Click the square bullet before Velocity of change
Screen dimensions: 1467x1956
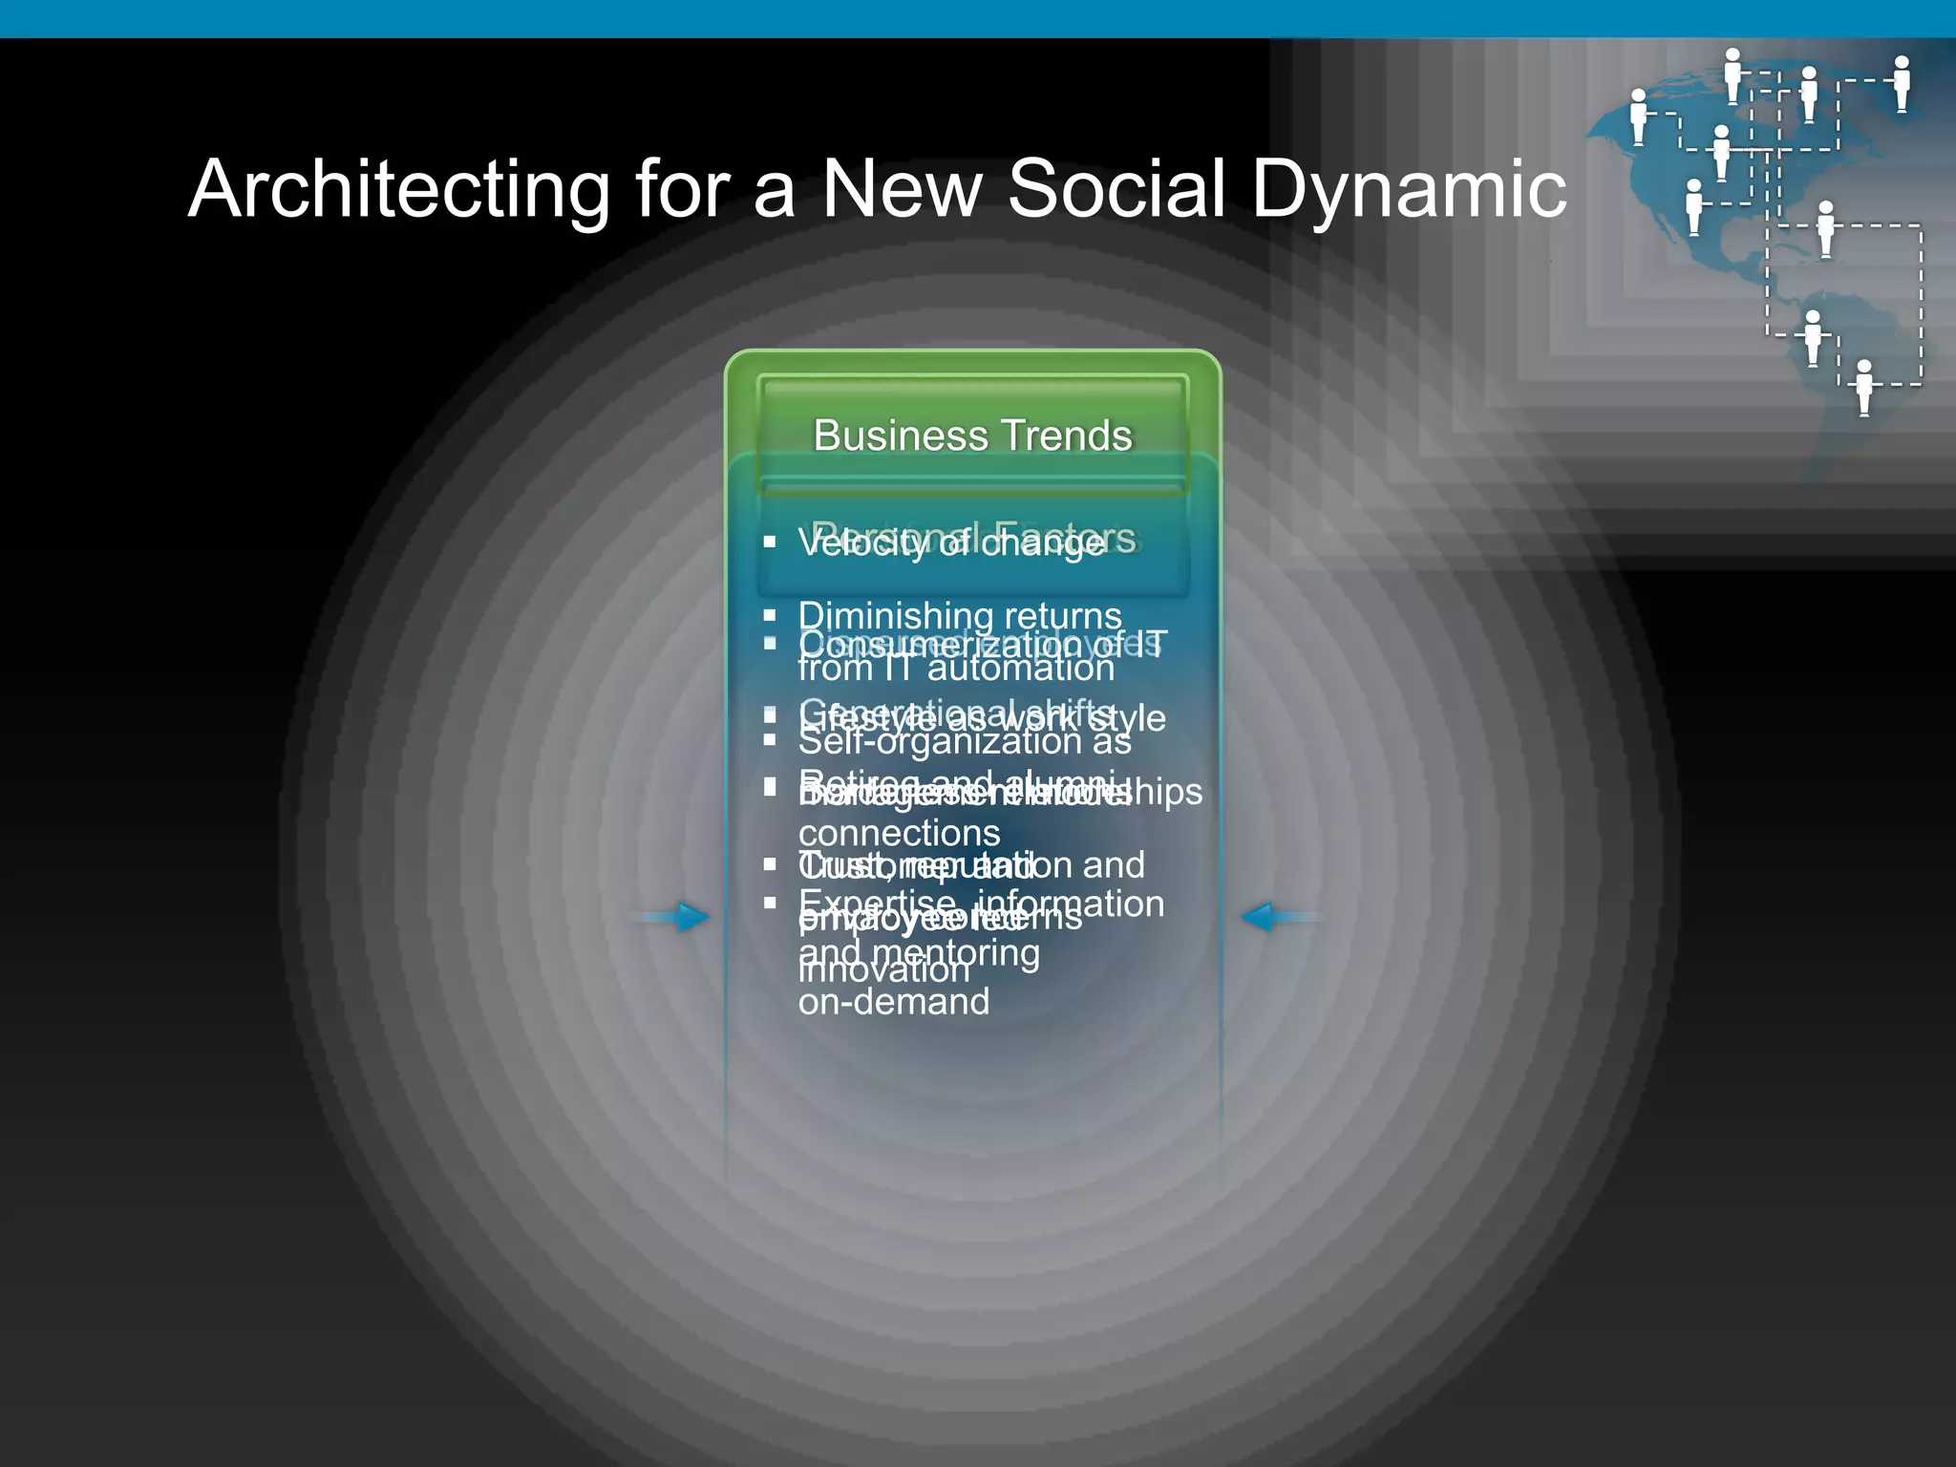point(770,542)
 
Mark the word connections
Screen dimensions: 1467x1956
point(899,834)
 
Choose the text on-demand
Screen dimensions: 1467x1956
point(894,1002)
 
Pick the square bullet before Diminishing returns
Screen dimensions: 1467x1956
point(770,616)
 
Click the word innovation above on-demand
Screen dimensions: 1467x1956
point(884,971)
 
